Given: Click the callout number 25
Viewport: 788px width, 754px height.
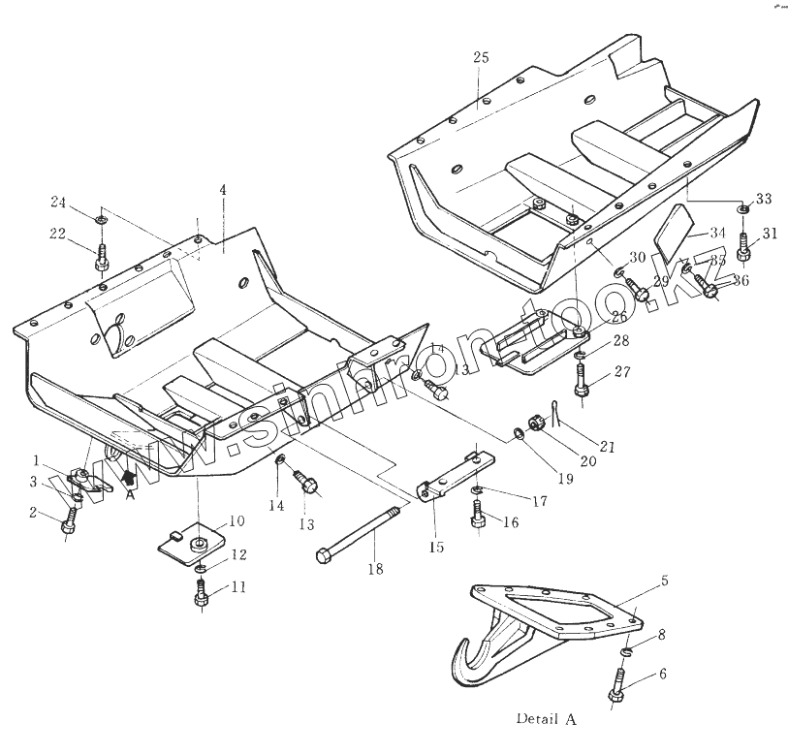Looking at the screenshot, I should click(481, 58).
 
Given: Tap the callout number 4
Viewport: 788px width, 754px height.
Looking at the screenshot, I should click(223, 190).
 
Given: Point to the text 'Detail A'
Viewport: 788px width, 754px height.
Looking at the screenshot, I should click(545, 720).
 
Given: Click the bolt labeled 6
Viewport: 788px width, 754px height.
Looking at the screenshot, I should click(617, 686).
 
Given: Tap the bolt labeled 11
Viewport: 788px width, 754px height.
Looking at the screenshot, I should click(201, 593).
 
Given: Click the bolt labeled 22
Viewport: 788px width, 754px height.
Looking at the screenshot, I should click(101, 259).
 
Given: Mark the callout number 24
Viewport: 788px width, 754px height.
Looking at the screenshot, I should click(59, 203).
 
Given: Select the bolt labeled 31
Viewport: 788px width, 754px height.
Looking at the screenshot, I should click(744, 246).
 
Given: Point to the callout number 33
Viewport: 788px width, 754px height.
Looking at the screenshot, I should click(764, 199).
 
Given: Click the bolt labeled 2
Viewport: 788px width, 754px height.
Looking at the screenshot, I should click(68, 523).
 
